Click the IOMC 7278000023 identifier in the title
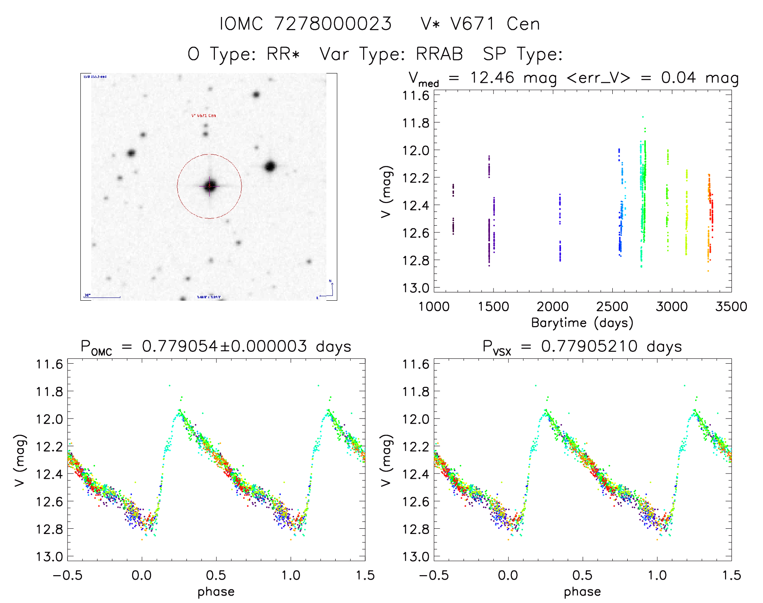coord(306,24)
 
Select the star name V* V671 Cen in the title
coord(480,24)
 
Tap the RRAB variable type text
coord(439,54)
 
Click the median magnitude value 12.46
coord(492,77)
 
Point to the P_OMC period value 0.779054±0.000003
coord(224,346)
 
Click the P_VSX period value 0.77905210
coord(589,346)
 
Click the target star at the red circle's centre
coord(210,186)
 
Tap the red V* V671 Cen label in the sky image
coord(204,115)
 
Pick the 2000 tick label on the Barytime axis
coord(553,307)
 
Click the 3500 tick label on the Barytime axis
coord(731,307)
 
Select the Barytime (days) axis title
coord(582,323)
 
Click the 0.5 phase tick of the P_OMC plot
coord(216,575)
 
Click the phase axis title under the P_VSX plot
coord(582,592)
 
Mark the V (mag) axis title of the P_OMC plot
coord(20,461)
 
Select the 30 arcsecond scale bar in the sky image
coord(102,297)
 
